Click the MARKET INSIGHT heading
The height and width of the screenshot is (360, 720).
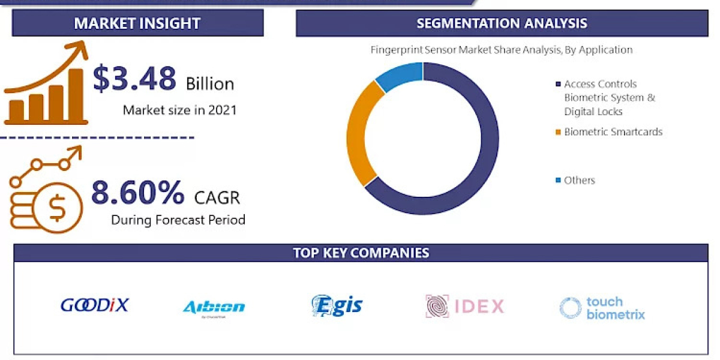[137, 23]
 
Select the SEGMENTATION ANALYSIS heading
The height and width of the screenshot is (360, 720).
[502, 23]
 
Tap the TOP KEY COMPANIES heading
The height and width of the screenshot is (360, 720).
[361, 253]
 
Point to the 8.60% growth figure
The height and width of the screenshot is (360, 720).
[137, 193]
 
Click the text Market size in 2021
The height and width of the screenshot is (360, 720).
[179, 110]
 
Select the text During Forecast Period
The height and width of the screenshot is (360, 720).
[178, 220]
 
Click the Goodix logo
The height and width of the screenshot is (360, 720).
[95, 305]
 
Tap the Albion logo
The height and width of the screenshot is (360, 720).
[214, 307]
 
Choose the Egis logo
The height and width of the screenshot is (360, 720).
[337, 305]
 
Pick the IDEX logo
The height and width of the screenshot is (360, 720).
[465, 307]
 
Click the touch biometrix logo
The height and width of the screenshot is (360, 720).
[602, 308]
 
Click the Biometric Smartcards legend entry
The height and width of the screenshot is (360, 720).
[613, 132]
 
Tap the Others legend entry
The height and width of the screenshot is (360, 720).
[579, 180]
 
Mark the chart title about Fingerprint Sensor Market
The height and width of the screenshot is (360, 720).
[501, 50]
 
